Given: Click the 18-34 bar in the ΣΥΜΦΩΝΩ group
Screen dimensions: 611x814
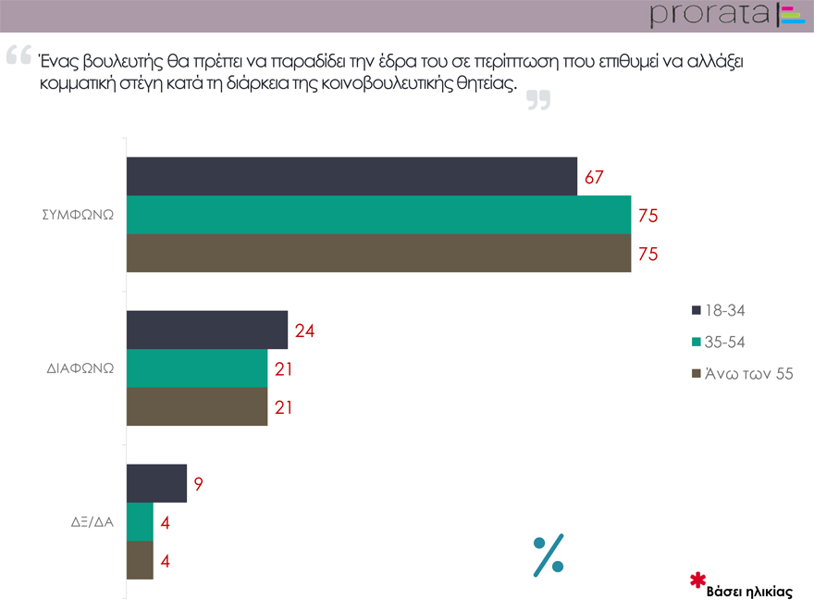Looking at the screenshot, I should tap(351, 176).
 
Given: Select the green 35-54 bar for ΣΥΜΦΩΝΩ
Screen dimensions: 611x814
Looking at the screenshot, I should tap(378, 215).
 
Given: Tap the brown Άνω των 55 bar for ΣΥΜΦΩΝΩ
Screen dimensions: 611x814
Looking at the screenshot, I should tap(378, 254).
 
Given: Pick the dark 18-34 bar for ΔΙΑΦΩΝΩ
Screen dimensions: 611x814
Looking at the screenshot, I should tap(206, 330).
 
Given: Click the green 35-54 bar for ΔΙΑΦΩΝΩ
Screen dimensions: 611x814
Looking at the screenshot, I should tap(196, 368).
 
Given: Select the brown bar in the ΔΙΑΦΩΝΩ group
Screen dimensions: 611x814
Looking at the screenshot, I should tap(196, 406).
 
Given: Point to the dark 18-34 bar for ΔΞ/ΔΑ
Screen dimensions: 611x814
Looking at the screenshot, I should tap(156, 483).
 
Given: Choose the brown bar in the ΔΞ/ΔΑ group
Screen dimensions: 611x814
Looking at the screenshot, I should tap(140, 560).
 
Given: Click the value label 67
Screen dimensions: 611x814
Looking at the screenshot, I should tap(594, 177).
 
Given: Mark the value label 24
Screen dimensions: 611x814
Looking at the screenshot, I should tap(305, 330).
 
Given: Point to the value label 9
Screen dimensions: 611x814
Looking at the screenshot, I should tap(198, 483).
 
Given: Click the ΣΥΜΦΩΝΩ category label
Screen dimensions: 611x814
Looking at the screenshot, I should tap(78, 214).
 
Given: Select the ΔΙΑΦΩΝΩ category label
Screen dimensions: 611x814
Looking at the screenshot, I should tap(80, 368).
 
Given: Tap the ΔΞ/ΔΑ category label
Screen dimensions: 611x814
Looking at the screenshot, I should tap(92, 521).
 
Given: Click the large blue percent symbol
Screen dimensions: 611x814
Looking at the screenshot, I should tap(549, 555).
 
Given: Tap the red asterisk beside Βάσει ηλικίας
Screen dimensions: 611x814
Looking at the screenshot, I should tap(698, 581).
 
